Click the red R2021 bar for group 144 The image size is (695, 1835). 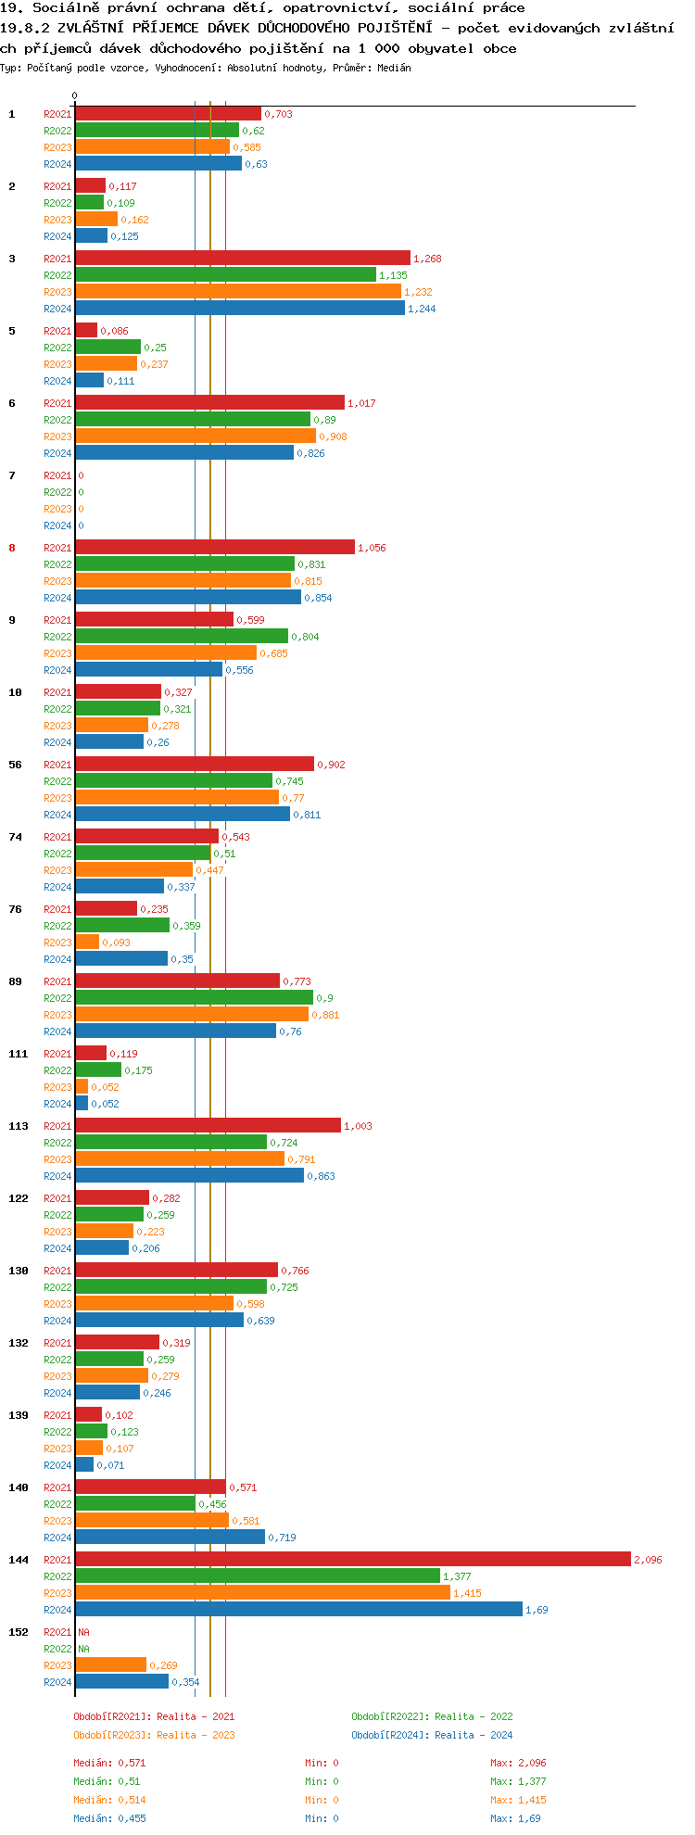click(352, 1560)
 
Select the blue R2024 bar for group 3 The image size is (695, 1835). click(240, 309)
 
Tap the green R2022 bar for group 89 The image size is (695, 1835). click(194, 998)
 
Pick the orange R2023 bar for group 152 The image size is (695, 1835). click(110, 1665)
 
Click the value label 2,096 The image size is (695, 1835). click(648, 1560)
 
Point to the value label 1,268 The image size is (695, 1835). click(427, 259)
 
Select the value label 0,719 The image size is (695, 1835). click(282, 1538)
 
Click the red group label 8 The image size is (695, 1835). click(12, 548)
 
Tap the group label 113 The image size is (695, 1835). click(18, 1126)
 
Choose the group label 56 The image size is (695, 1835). click(15, 765)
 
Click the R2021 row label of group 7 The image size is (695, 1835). click(57, 475)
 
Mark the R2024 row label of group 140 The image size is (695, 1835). click(57, 1538)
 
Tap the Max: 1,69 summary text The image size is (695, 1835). click(515, 1818)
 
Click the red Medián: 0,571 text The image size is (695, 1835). click(109, 1763)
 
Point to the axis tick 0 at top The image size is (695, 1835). click(75, 95)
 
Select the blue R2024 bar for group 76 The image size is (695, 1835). click(121, 959)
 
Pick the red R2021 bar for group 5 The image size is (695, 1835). click(86, 331)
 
